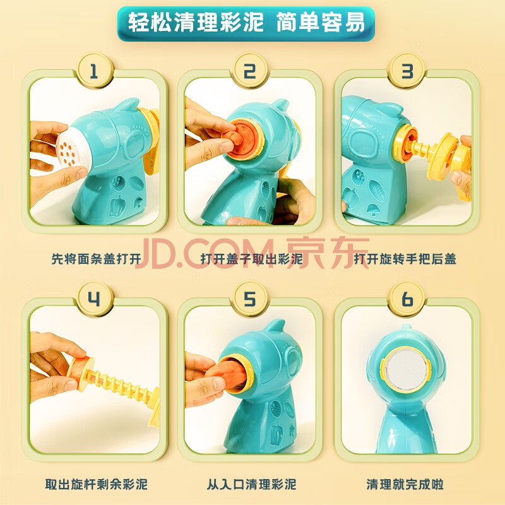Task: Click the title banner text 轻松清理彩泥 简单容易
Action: click(x=246, y=23)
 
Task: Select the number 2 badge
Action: click(x=250, y=70)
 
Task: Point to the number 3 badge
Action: click(x=407, y=70)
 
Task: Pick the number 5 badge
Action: click(x=250, y=299)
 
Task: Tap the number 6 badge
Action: click(x=407, y=299)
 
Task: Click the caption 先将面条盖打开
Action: click(x=97, y=259)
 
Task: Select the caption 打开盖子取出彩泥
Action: click(x=251, y=259)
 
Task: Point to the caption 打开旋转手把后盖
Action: click(x=405, y=259)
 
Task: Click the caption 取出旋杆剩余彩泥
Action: click(x=97, y=484)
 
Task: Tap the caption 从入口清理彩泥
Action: click(x=251, y=484)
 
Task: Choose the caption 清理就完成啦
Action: click(x=405, y=484)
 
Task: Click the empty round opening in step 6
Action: click(x=406, y=369)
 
